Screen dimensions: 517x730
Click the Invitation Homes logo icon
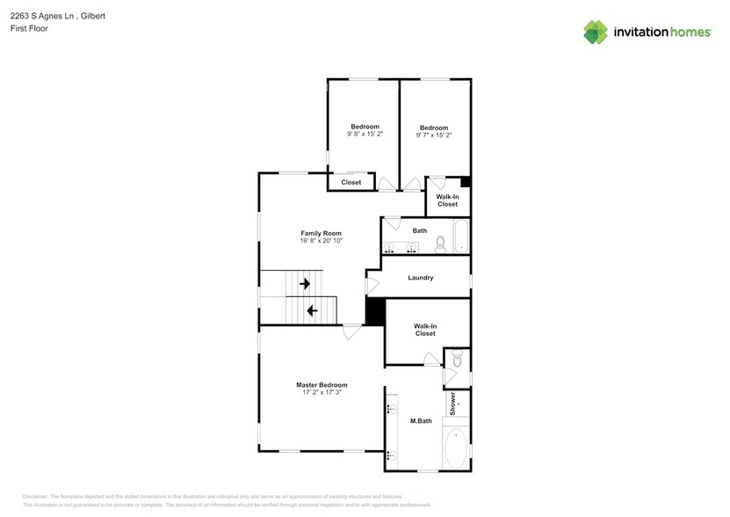point(596,32)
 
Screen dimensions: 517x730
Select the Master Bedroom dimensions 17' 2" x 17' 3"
point(321,392)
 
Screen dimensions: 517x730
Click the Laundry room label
point(421,278)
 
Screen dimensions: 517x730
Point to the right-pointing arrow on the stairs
point(305,284)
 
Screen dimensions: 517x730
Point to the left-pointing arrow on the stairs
point(311,309)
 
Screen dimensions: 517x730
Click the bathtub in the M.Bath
point(457,448)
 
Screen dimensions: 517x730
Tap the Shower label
point(453,404)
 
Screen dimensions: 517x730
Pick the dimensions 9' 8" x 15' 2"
point(365,135)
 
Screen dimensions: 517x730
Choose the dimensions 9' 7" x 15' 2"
point(434,135)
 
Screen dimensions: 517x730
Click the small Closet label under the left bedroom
point(351,182)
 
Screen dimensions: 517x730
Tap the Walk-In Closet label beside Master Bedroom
point(425,330)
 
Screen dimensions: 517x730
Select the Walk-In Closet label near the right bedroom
point(447,200)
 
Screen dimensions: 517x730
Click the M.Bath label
point(420,421)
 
